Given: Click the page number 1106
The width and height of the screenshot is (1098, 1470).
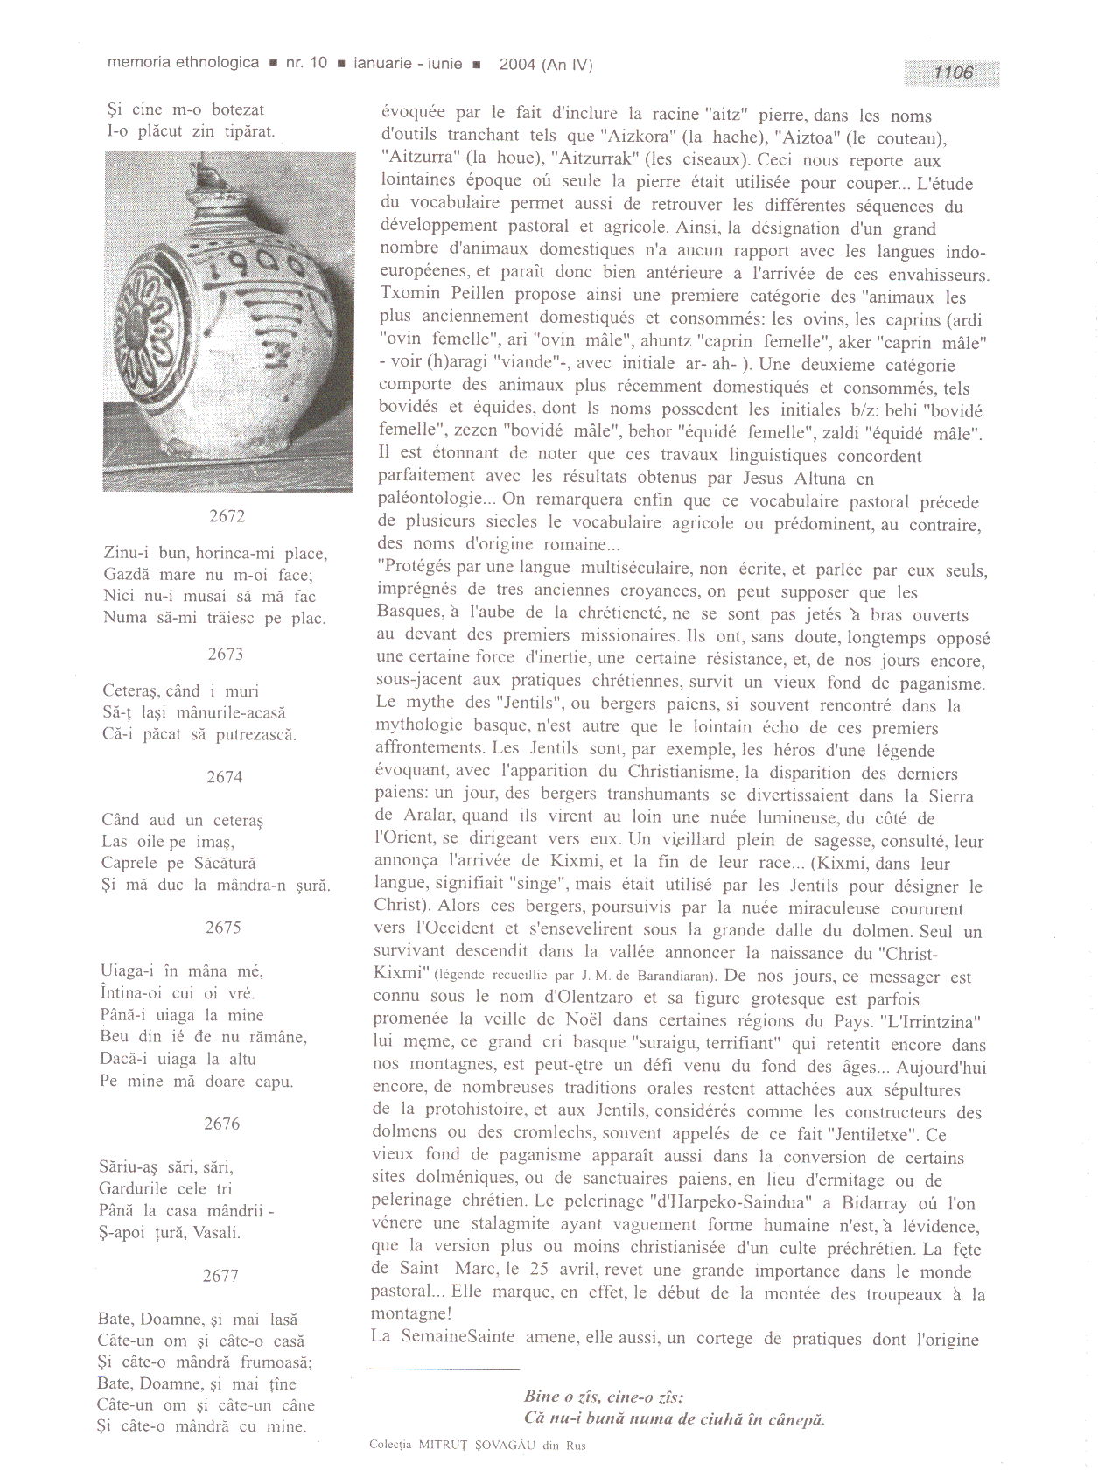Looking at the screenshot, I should click(x=953, y=73).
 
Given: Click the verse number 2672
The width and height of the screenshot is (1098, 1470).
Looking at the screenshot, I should click(x=227, y=516).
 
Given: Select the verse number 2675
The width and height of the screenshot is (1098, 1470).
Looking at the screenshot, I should click(x=223, y=927).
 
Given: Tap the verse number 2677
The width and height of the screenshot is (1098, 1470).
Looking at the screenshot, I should click(x=220, y=1276).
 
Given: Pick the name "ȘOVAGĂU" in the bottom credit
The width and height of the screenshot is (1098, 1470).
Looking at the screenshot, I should click(x=505, y=1445).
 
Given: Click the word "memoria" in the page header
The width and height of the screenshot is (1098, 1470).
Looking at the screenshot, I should click(x=139, y=63).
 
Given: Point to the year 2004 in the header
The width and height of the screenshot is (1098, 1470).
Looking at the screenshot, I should click(x=517, y=64).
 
